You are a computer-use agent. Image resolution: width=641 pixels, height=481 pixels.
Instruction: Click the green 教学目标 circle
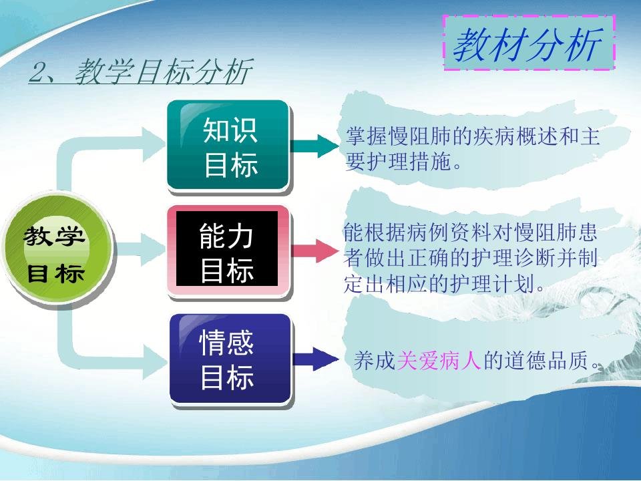[x=57, y=251]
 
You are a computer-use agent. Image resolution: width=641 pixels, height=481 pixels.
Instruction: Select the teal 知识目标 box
[x=229, y=146]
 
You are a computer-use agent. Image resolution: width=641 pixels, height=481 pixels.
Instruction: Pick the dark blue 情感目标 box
[x=230, y=360]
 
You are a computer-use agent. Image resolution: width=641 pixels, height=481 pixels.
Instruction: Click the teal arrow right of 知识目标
[x=314, y=146]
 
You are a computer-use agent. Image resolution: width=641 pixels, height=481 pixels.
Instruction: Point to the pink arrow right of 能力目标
[x=314, y=251]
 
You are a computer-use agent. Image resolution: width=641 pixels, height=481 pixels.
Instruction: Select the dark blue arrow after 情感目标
[x=316, y=359]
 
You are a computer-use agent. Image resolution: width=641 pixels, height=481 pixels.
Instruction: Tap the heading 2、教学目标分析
[x=140, y=71]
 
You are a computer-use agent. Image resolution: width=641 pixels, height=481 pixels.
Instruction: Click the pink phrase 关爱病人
[x=439, y=361]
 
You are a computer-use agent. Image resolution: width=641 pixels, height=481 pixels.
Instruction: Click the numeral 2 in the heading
[x=39, y=72]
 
